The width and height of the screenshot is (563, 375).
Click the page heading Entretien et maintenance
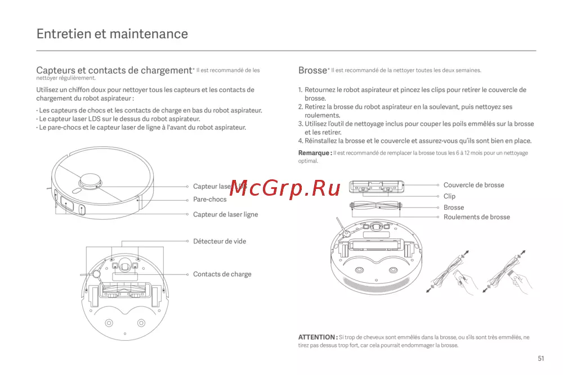coord(112,34)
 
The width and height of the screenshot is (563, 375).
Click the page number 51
coord(540,359)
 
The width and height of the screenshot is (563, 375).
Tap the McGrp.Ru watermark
coord(285,188)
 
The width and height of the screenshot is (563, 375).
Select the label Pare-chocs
coord(209,200)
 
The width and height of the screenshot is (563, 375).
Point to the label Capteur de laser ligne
coord(226,214)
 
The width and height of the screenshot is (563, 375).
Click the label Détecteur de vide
coord(220,241)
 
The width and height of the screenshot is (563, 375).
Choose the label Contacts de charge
coord(222,274)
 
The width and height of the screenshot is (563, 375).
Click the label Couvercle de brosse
coord(473,185)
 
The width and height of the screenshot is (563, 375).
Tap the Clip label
coord(449,196)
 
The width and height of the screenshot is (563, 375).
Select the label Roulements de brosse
coord(476,217)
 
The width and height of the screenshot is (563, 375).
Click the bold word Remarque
coord(314,153)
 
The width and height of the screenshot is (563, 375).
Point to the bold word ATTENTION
coord(316,337)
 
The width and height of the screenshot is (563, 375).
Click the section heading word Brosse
coord(312,70)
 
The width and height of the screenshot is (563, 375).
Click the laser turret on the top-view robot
coord(90,181)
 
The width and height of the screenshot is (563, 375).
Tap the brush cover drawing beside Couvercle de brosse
coord(377,187)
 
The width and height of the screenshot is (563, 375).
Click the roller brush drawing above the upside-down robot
coord(376,206)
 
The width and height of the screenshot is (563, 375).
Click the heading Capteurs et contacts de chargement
coord(114,70)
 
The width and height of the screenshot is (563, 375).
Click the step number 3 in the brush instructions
coord(301,124)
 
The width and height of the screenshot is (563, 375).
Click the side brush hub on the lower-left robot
coord(96,274)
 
